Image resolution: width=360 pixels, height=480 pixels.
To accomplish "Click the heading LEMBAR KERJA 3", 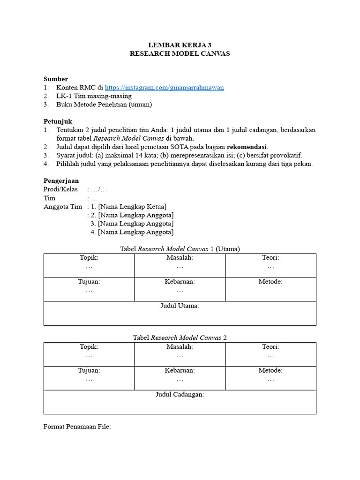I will click(180, 45).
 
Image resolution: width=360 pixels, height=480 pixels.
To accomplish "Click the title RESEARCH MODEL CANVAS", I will click(180, 53).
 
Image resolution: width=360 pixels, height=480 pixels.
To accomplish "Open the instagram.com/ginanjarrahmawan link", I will click(164, 88).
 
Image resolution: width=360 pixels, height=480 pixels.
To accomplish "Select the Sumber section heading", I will click(56, 79).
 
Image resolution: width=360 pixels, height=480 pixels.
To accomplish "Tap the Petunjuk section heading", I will click(58, 121).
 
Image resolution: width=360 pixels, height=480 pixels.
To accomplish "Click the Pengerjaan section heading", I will click(61, 180).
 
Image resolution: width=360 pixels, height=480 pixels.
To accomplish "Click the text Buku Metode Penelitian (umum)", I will click(104, 105).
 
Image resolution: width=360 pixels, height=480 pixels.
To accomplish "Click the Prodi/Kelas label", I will click(60, 189).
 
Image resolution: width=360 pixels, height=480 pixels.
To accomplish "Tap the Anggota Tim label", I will click(62, 207).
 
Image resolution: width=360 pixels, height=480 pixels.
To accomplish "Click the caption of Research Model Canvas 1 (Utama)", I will click(180, 249).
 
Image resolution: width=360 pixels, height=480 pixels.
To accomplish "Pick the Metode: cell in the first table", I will click(270, 282).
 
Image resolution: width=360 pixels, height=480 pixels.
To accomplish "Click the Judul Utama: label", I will click(180, 306).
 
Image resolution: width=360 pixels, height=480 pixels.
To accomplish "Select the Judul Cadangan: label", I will click(180, 394).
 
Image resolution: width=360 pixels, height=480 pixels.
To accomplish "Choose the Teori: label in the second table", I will click(270, 347).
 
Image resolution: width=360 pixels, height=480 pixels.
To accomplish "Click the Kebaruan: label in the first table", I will click(180, 282).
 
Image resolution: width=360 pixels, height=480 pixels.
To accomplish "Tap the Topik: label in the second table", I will click(89, 347).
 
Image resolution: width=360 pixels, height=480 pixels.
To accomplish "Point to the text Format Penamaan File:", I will click(77, 427).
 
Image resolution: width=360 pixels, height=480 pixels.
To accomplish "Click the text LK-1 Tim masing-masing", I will click(94, 96).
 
